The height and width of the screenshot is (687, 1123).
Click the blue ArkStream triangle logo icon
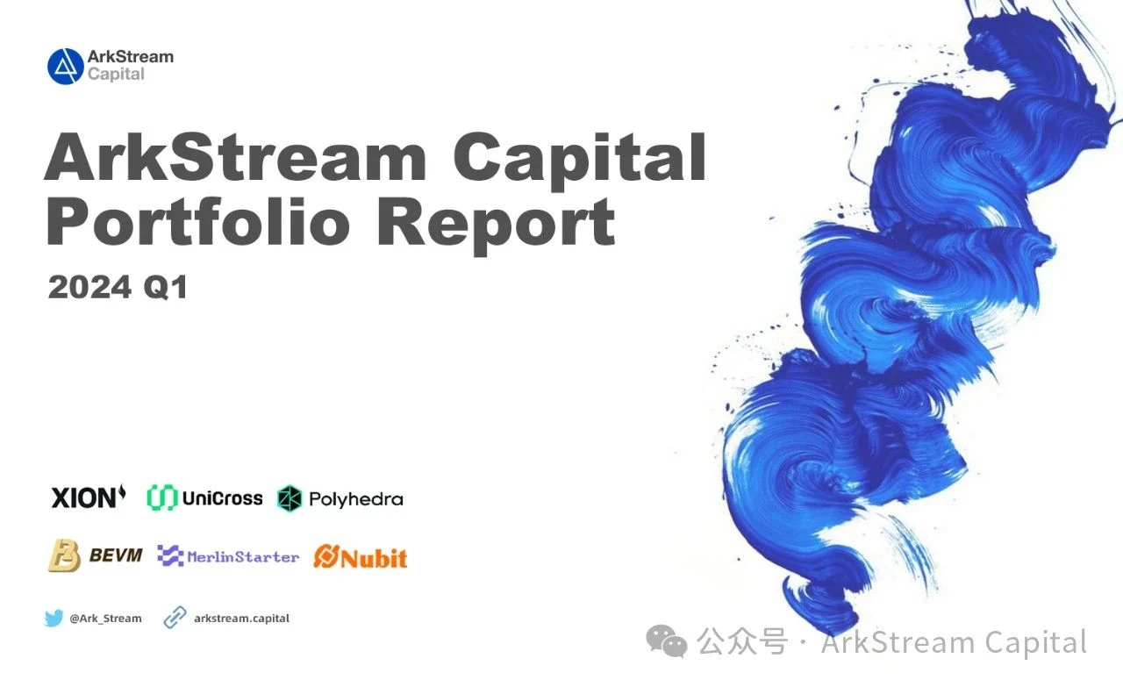click(x=65, y=67)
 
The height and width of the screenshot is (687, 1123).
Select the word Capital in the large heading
click(x=580, y=158)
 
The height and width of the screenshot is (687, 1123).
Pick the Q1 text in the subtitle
click(x=167, y=288)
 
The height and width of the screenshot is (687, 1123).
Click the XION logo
click(x=89, y=497)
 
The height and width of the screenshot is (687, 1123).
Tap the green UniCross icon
click(x=162, y=498)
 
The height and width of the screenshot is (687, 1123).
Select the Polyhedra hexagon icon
click(x=290, y=499)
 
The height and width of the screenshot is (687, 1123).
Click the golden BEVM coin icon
click(x=64, y=556)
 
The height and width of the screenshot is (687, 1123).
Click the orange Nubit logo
click(x=361, y=556)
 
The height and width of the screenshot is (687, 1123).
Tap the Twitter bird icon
click(x=54, y=619)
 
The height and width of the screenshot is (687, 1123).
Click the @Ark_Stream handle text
click(x=105, y=619)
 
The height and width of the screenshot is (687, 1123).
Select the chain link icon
click(x=175, y=619)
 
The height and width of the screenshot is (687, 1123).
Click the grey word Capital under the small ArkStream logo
click(x=116, y=75)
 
